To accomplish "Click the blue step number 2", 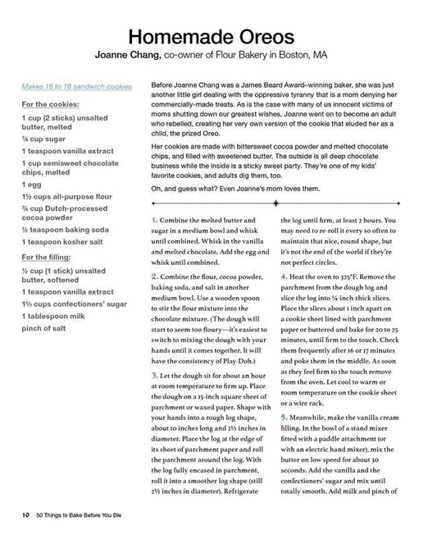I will (155, 277).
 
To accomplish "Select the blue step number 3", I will (155, 376).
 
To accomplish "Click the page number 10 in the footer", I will (26, 515).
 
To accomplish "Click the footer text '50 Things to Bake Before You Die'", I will (84, 515).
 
